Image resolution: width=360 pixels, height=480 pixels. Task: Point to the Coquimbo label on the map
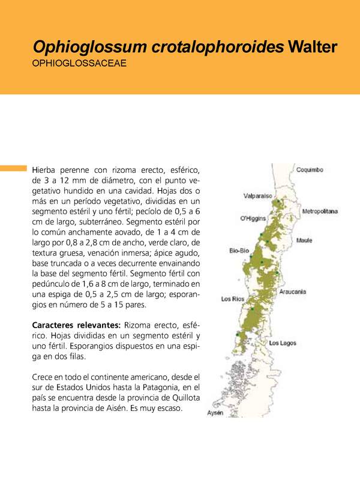pyautogui.click(x=310, y=170)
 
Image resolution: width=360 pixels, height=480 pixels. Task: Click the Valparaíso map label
pyautogui.click(x=258, y=196)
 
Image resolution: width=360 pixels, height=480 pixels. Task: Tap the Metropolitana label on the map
pyautogui.click(x=320, y=212)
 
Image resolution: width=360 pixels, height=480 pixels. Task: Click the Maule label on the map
pyautogui.click(x=304, y=241)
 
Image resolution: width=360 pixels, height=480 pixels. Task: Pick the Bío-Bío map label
pyautogui.click(x=239, y=251)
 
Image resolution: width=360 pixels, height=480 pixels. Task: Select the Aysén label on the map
pyautogui.click(x=215, y=413)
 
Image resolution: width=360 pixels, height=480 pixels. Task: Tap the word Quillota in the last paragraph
pyautogui.click(x=183, y=397)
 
